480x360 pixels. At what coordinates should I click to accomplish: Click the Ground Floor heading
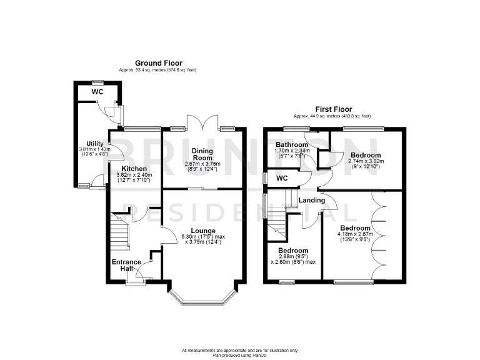click(159, 63)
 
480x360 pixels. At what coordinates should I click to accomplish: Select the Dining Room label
click(202, 154)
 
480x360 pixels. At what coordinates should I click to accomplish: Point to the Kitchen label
click(134, 169)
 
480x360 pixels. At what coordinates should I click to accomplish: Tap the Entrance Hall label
click(125, 265)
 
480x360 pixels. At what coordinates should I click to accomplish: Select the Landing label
click(312, 200)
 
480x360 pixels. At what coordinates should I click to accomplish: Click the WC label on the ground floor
click(97, 92)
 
